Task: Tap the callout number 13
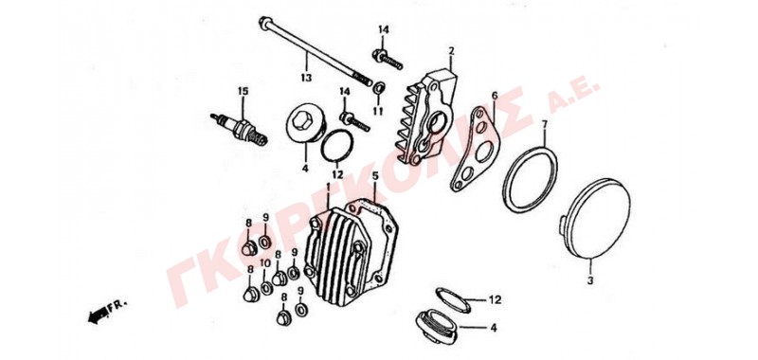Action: coord(306,78)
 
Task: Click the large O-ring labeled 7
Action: coord(530,179)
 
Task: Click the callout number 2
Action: coord(451,51)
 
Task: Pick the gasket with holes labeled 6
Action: coord(473,149)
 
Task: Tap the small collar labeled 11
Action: coord(380,88)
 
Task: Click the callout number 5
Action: coord(375,176)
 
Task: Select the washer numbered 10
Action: coord(266,289)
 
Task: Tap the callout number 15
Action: coord(243,91)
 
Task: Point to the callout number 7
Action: coord(544,125)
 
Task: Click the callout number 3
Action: coord(589,280)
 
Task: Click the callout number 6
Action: coord(494,96)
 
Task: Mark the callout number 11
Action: coord(378,112)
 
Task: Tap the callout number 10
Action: coord(265,262)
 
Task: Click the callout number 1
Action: coord(328,187)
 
